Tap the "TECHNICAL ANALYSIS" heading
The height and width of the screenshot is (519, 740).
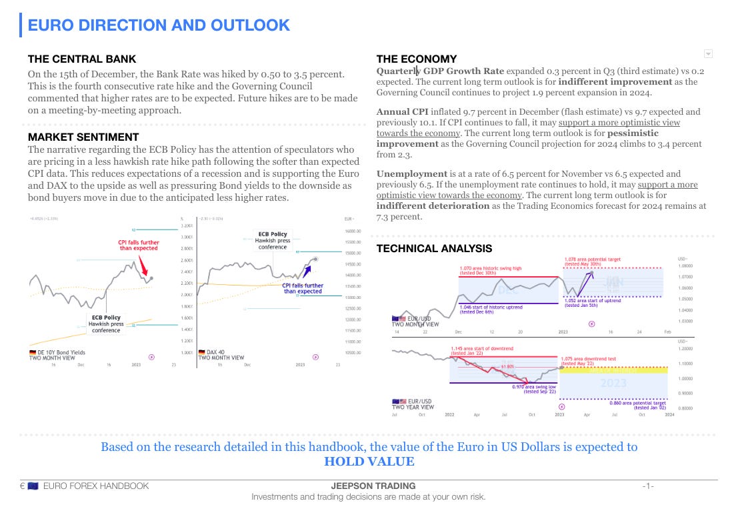434,249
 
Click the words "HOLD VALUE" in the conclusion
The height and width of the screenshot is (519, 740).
369,462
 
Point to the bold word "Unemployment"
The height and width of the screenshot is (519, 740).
411,173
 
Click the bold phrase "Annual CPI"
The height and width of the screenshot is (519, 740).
405,111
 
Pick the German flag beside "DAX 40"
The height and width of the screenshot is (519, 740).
202,352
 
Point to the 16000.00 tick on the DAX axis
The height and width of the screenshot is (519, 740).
352,231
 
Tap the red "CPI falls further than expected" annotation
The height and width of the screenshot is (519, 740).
139,245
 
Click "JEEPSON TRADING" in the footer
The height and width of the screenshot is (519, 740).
373,486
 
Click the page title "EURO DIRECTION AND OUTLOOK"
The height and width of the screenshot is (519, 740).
159,25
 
